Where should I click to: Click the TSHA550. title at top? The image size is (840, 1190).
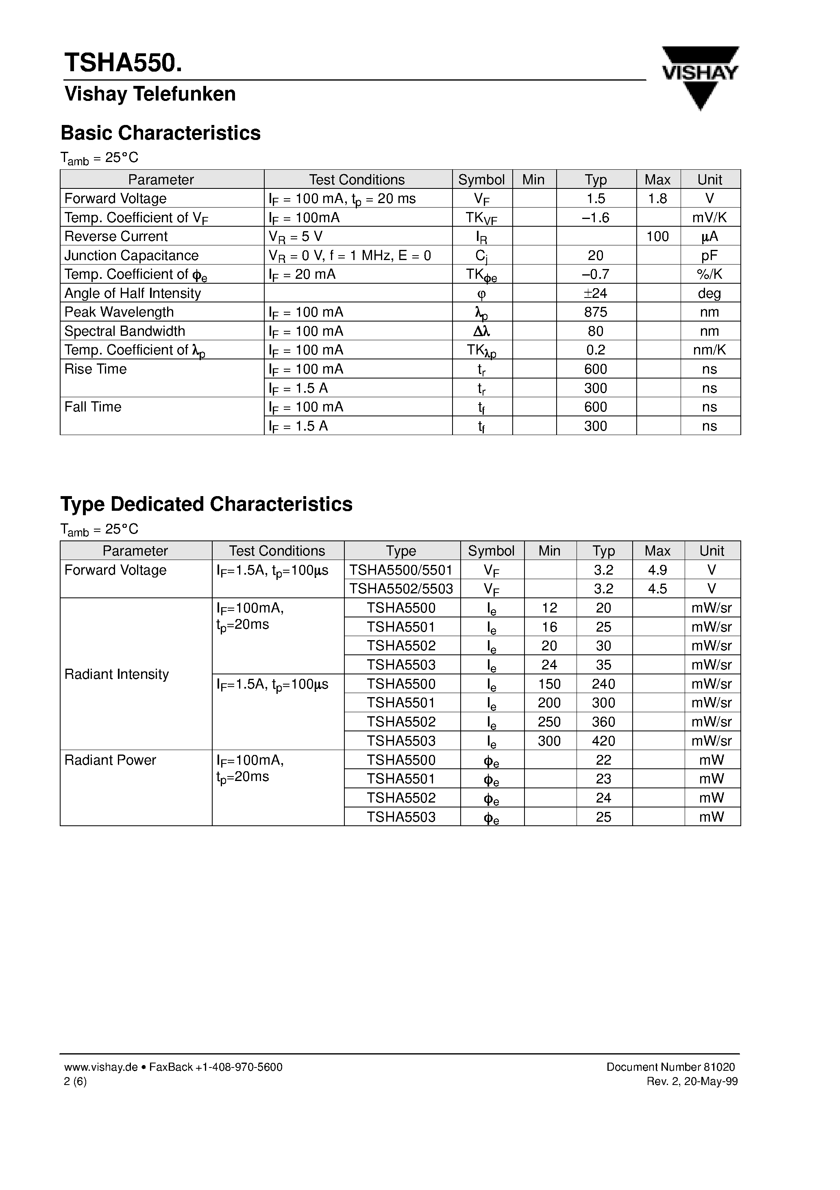click(x=123, y=63)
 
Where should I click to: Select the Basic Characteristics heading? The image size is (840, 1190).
click(x=161, y=133)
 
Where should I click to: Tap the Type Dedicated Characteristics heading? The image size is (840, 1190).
click(x=206, y=504)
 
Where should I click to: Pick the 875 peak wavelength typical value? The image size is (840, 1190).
click(x=596, y=312)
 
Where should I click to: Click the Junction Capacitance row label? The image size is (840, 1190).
click(x=132, y=256)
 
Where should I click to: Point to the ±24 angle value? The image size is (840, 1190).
click(x=596, y=293)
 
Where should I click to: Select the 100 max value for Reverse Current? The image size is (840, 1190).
click(x=658, y=236)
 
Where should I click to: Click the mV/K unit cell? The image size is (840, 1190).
click(x=709, y=218)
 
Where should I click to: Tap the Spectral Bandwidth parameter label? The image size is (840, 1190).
click(x=125, y=331)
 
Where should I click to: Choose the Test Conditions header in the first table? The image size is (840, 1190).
click(x=357, y=180)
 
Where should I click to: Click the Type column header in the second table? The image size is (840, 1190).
click(x=401, y=551)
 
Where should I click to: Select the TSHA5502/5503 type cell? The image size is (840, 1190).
click(x=401, y=589)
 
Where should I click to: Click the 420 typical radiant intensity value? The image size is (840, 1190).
click(x=603, y=741)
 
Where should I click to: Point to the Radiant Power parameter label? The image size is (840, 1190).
click(x=110, y=760)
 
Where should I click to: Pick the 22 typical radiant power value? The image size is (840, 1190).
click(x=603, y=760)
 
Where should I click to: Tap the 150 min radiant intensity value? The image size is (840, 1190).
click(x=549, y=684)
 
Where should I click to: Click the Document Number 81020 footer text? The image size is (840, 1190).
click(x=670, y=1067)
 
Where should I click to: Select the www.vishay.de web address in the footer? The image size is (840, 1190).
click(x=101, y=1067)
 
